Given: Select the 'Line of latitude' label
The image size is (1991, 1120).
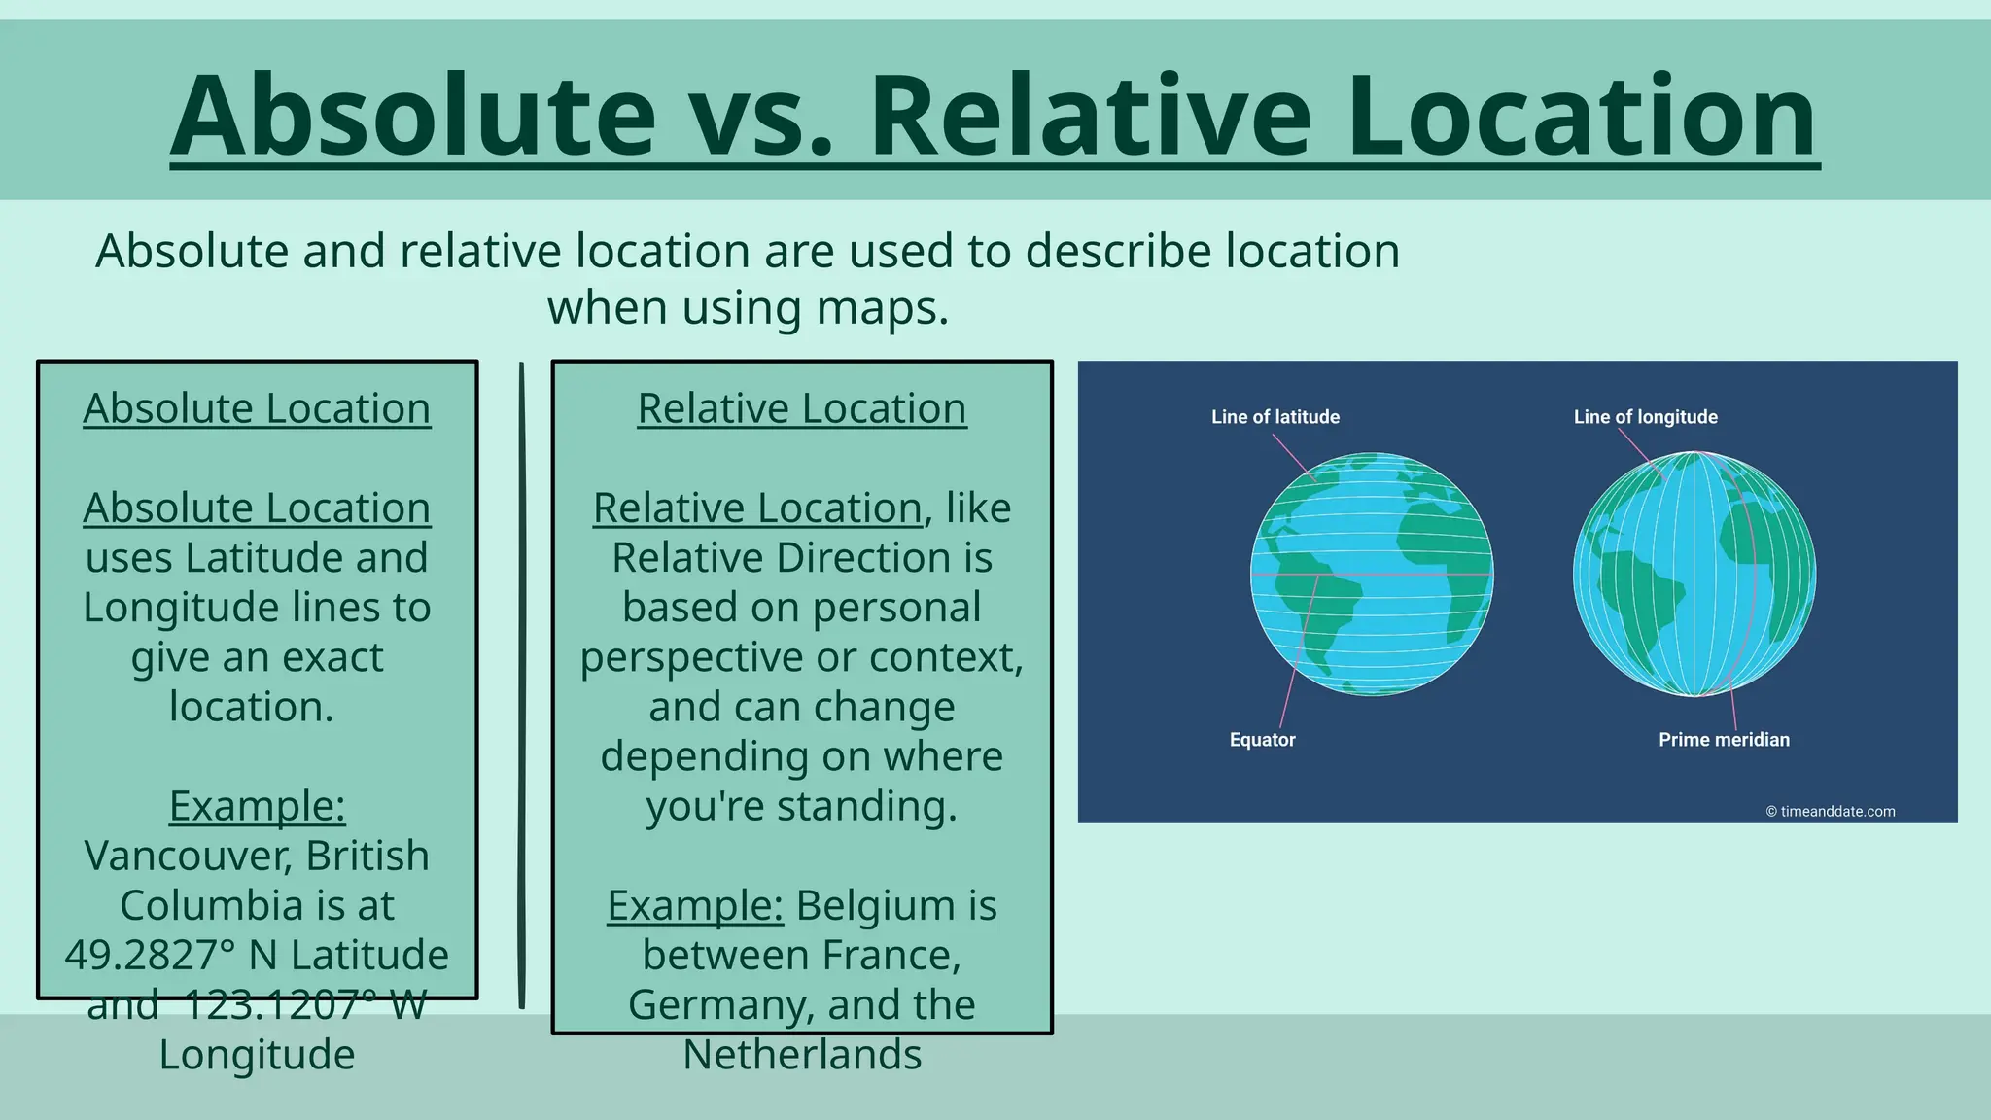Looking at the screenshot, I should pos(1275,417).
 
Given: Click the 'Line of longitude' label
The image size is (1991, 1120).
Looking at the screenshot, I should pos(1645,417).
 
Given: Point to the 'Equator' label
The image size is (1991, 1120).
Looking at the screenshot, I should pos(1262,740).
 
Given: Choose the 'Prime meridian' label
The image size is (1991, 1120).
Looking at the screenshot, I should pos(1724,740).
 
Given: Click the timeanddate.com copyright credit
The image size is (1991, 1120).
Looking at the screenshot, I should pos(1830,812).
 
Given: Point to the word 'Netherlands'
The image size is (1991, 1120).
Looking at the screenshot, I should pos(802,1056).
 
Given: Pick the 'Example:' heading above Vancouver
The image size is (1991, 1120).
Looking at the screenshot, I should pos(257,806).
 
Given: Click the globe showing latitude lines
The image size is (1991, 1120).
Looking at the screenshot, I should pos(1371,574).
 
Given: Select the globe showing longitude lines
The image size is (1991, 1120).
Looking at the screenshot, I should pos(1694,574).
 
